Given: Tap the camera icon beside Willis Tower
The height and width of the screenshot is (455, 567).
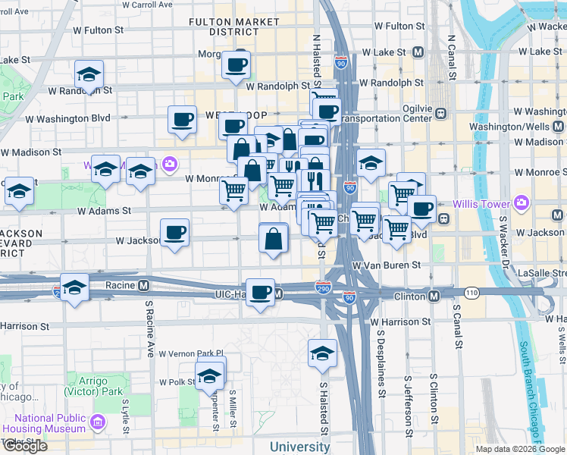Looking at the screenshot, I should (x=521, y=203).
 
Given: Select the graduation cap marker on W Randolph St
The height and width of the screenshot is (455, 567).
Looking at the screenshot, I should (x=89, y=75).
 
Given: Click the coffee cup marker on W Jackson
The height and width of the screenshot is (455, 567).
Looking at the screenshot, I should (x=175, y=232).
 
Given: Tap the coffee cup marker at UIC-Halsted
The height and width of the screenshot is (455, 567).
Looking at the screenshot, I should (x=262, y=292).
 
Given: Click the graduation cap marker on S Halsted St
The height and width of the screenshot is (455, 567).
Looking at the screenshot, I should (x=322, y=353).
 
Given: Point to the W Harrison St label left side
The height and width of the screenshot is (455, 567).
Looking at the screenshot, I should (x=24, y=326).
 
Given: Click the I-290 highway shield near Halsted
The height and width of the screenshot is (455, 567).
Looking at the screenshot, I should (x=323, y=286).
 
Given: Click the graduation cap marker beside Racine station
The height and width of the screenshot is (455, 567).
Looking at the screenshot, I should (x=74, y=287).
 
